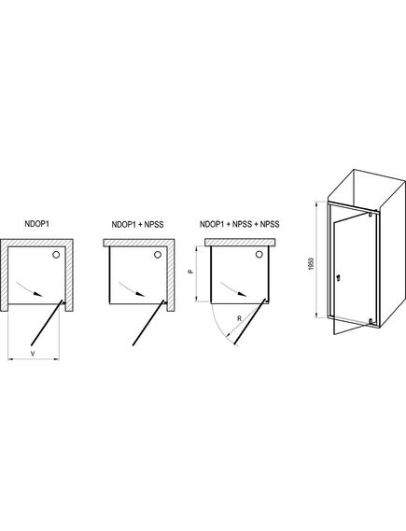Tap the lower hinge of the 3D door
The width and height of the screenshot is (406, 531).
click(371, 322)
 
